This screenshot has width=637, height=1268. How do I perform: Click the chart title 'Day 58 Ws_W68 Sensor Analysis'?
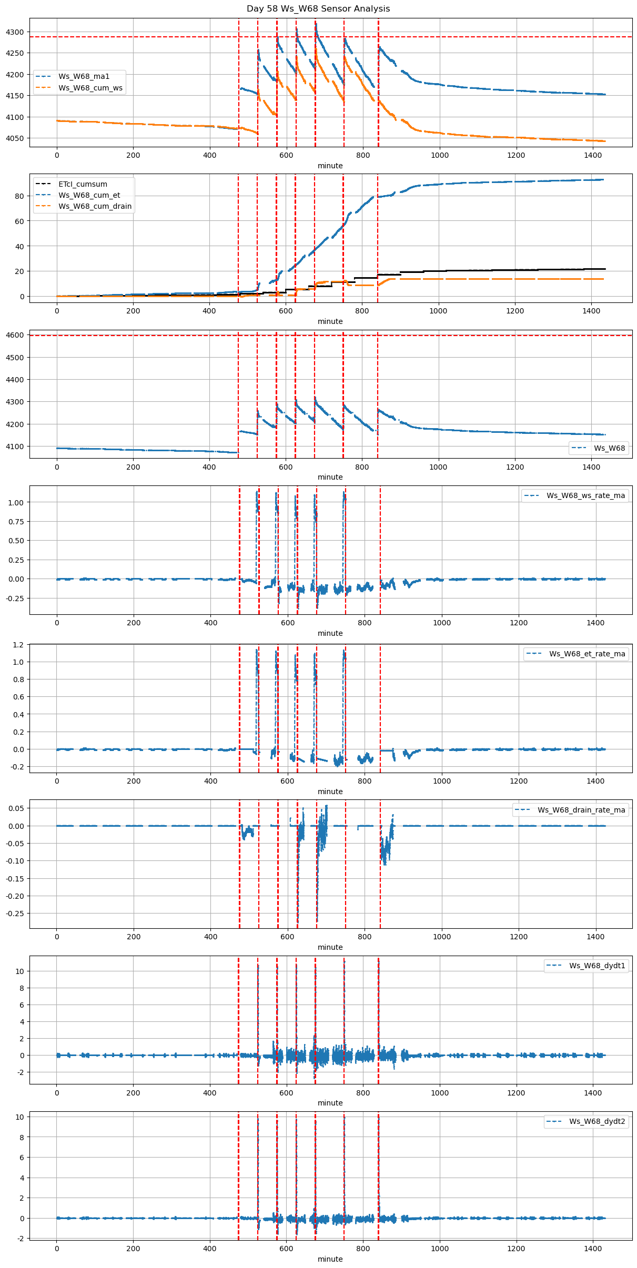tap(318, 9)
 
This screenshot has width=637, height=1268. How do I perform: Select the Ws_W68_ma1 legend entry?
tap(84, 77)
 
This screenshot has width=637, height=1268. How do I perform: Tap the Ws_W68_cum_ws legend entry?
tap(90, 88)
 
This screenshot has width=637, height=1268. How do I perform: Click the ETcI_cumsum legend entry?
tap(83, 185)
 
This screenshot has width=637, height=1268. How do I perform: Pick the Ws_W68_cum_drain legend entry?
tap(95, 206)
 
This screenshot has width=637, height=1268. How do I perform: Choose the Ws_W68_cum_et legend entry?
tap(89, 195)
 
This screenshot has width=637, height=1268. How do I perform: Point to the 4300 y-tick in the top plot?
tap(15, 32)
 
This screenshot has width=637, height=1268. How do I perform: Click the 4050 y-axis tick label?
tap(15, 139)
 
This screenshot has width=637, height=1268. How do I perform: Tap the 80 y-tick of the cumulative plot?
tap(19, 196)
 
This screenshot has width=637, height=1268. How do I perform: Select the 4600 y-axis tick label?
tap(15, 335)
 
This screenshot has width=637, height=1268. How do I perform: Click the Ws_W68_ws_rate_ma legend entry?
tap(585, 495)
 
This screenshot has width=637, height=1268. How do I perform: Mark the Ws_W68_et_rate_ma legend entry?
tap(587, 654)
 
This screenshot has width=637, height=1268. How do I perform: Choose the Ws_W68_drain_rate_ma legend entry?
tap(581, 810)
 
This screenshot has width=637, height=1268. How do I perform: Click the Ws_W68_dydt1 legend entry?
tap(597, 966)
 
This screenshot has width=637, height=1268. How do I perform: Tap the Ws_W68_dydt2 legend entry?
tap(597, 1121)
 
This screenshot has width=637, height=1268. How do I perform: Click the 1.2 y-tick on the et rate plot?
tap(18, 645)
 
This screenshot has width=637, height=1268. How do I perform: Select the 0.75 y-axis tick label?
tap(16, 522)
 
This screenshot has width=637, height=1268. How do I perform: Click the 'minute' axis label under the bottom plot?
tap(330, 1259)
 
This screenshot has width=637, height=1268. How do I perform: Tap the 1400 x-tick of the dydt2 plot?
tap(593, 1249)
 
